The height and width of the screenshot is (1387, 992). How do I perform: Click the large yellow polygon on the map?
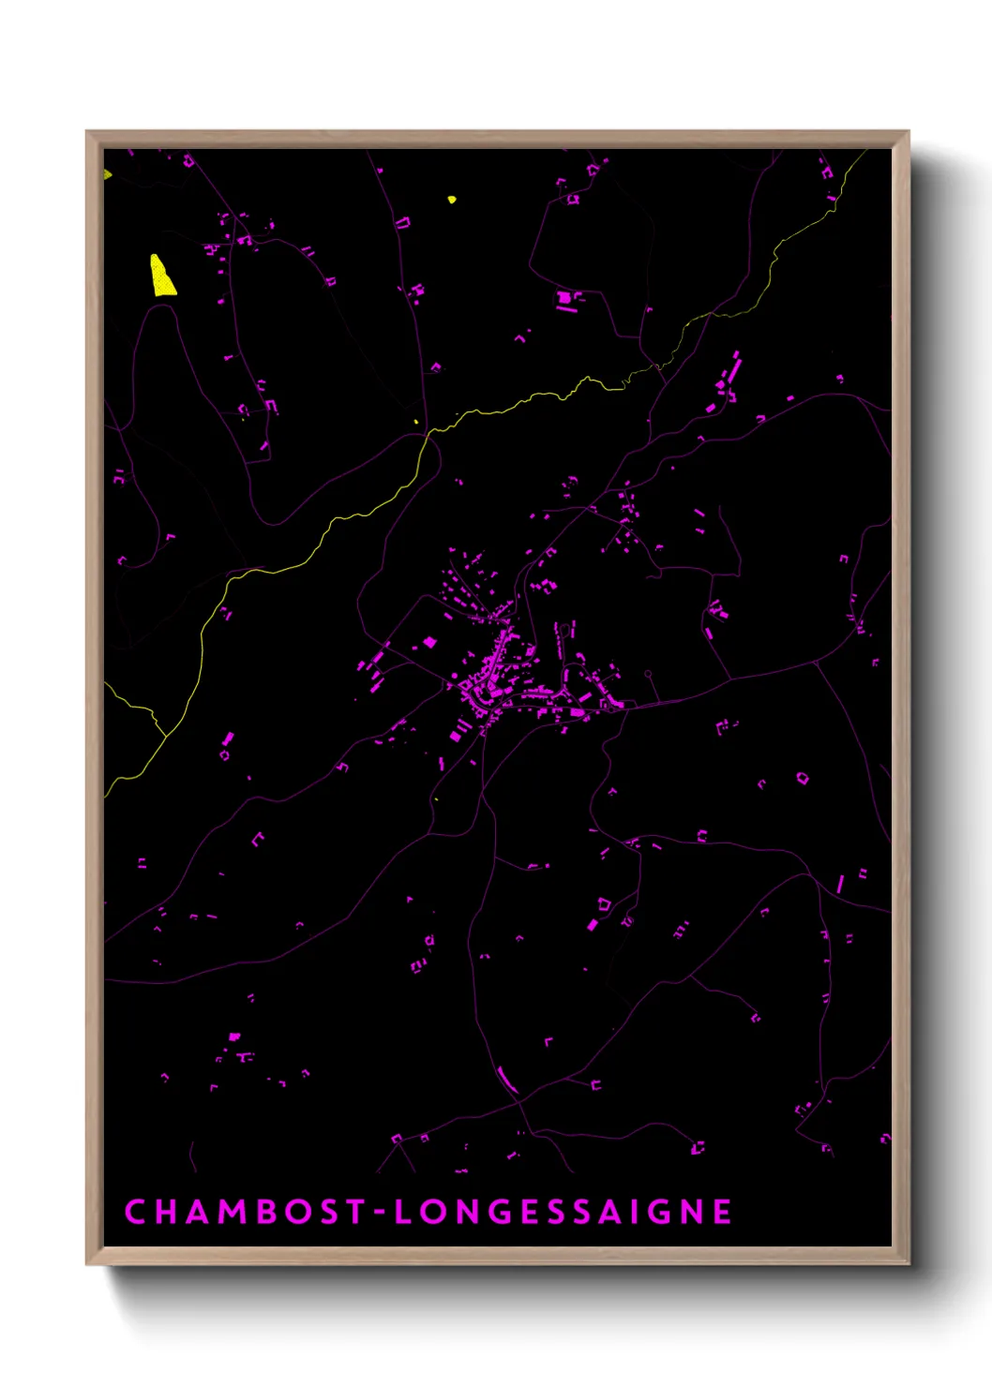(162, 276)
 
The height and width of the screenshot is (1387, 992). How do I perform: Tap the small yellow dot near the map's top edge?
(452, 200)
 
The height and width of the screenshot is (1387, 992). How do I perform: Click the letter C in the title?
(135, 1212)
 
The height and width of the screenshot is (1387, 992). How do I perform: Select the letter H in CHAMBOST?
(165, 1212)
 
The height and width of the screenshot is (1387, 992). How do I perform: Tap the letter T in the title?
(354, 1212)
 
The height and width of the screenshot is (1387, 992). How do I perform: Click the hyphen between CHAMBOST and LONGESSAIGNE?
(380, 1213)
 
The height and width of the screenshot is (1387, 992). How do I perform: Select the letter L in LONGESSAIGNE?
(403, 1212)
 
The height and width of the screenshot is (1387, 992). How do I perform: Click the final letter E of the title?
(722, 1212)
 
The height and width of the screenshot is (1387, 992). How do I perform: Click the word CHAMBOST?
(245, 1212)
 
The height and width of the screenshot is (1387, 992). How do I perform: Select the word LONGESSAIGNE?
(563, 1212)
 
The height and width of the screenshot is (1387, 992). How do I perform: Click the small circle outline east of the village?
(648, 674)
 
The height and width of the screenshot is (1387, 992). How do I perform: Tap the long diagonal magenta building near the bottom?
(506, 1080)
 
